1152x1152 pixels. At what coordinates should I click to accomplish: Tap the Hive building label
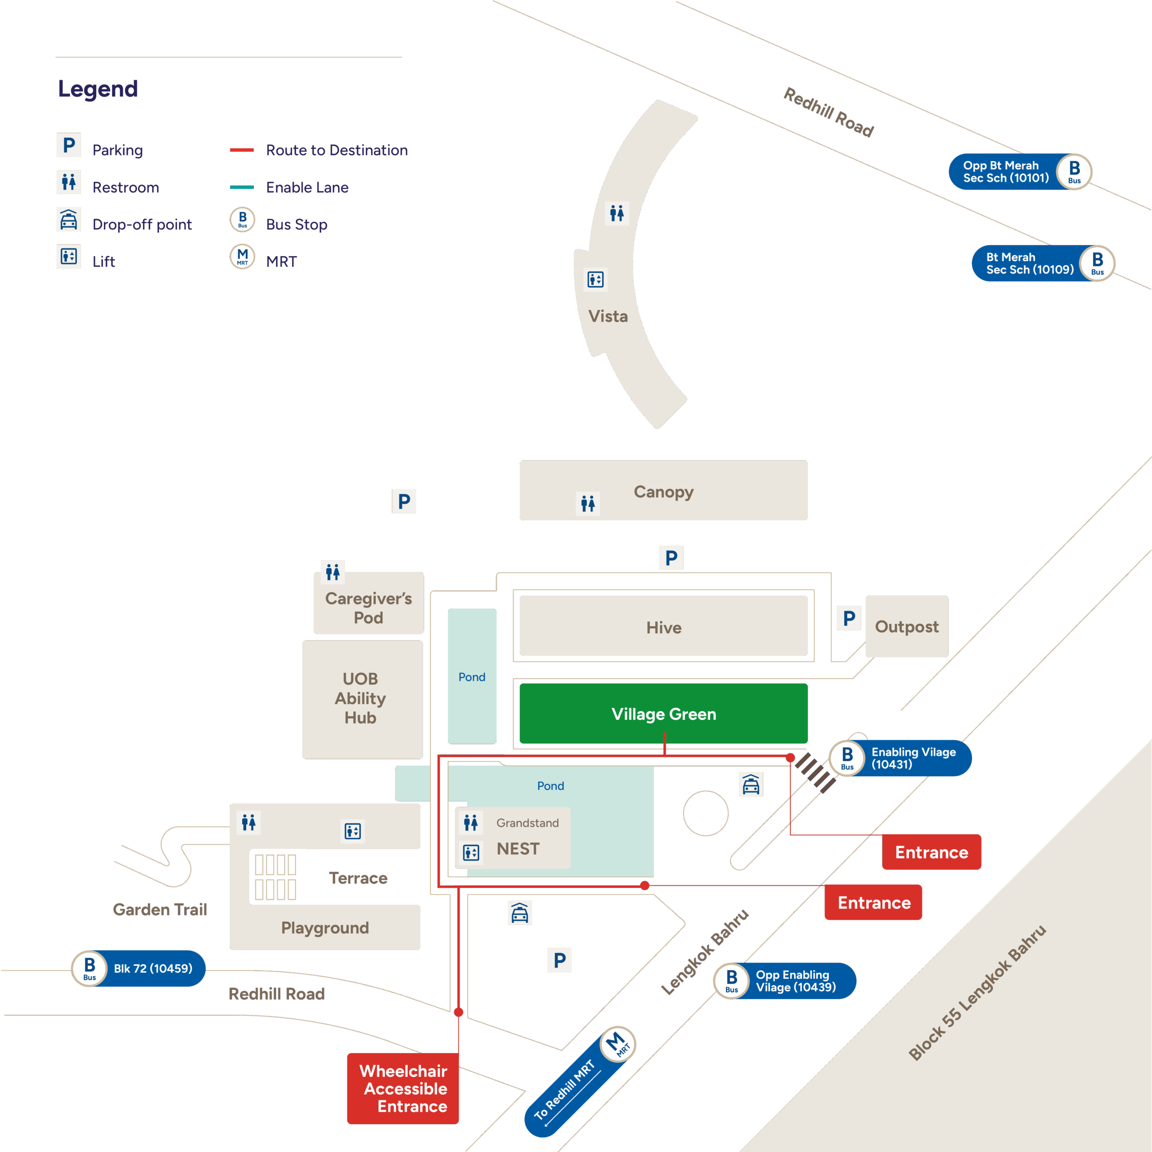tap(664, 627)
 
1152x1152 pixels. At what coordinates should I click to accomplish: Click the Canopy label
tap(664, 492)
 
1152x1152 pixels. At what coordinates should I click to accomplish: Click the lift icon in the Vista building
tap(595, 279)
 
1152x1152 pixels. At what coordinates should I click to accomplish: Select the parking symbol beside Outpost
tap(849, 618)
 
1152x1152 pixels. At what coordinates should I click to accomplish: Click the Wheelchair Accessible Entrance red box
tap(403, 1088)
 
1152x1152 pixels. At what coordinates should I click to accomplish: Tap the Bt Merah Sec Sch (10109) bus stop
tap(1042, 263)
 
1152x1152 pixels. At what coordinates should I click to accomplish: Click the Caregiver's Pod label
tap(369, 607)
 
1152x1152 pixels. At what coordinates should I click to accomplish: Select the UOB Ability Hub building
tap(361, 698)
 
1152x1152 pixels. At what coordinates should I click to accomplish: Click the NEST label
tap(517, 849)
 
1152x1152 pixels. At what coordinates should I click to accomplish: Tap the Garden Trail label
tap(160, 909)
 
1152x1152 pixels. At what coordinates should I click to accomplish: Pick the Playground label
tap(325, 928)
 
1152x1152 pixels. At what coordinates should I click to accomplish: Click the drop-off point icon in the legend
tap(68, 220)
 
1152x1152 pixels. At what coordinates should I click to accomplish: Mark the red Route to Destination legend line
tap(242, 150)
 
